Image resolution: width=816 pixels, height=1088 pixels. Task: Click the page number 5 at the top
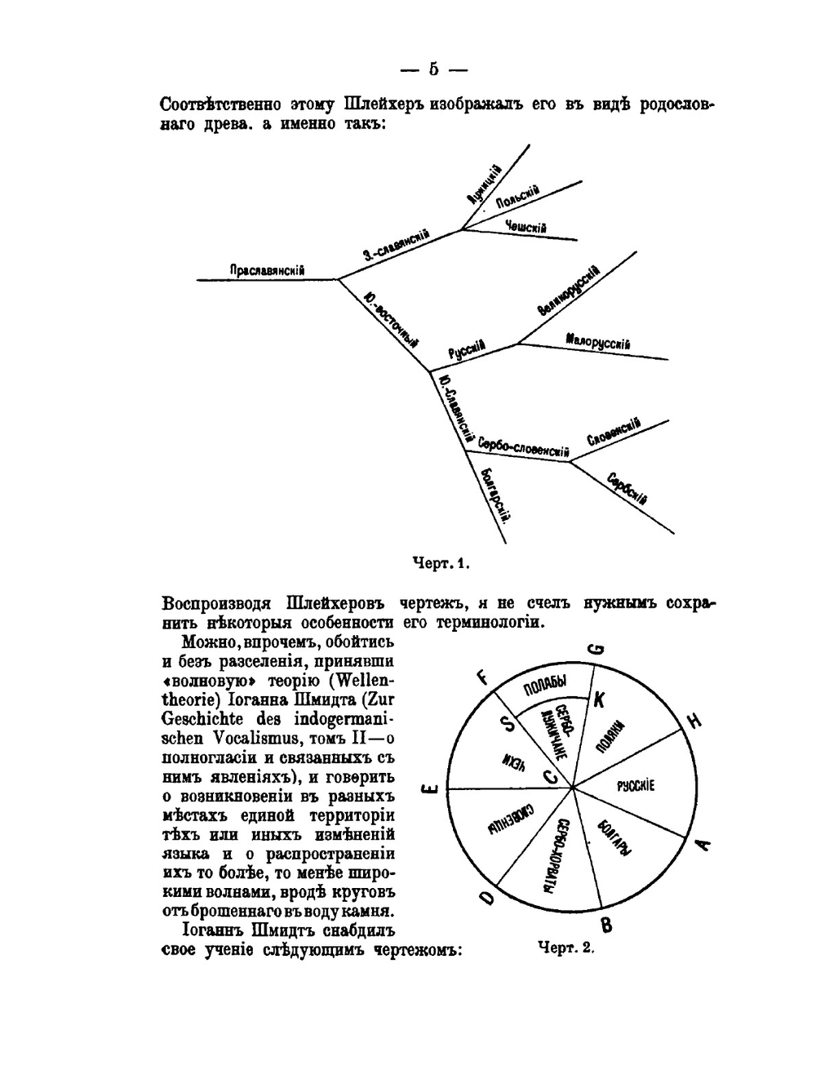[x=433, y=69]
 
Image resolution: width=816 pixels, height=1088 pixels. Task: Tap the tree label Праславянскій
[x=267, y=270]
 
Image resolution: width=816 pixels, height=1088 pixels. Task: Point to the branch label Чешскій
[x=526, y=227]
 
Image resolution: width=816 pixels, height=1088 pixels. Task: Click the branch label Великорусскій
[x=569, y=291]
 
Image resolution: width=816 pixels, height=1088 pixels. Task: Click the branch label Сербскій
[x=628, y=488]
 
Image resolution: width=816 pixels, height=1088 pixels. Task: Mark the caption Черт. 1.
[x=442, y=563]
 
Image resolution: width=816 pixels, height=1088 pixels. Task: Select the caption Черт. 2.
[x=566, y=948]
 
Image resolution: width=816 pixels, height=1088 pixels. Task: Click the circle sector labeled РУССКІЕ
[x=636, y=786]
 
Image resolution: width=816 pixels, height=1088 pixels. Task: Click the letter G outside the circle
[x=596, y=649]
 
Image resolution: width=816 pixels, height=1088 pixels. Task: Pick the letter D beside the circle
[x=486, y=898]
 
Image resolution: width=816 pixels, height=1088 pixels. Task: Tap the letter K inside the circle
[x=600, y=699]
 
